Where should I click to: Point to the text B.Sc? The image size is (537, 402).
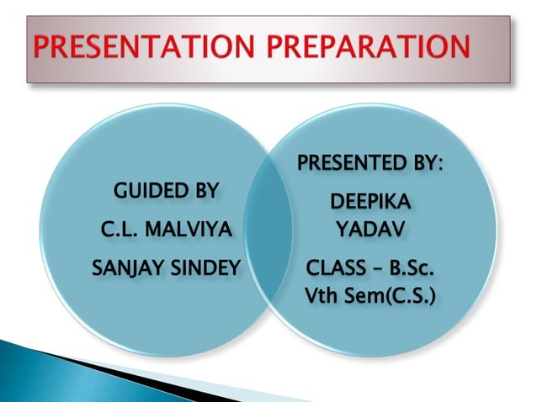coord(410,271)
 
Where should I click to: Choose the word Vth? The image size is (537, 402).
coord(323,296)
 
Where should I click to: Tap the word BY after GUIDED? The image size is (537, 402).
coord(203,190)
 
